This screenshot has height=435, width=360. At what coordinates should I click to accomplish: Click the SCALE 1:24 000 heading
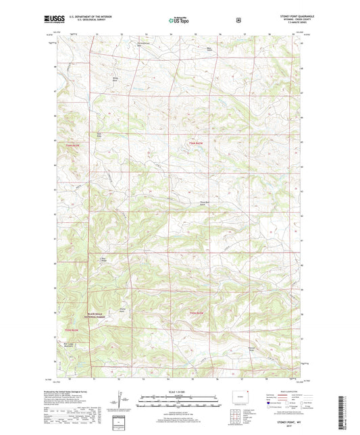click(180, 392)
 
